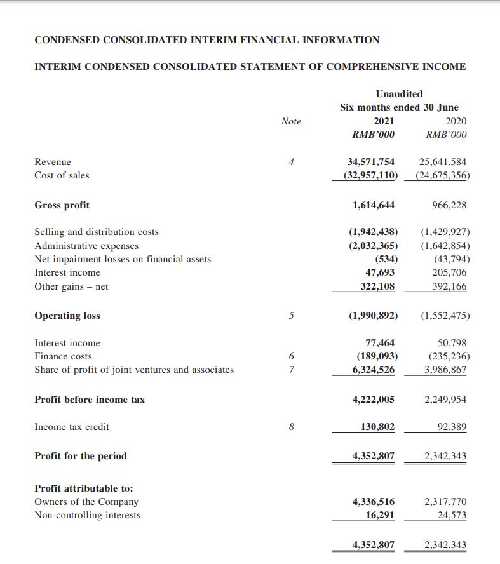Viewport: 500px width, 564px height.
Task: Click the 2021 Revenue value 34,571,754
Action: pos(370,162)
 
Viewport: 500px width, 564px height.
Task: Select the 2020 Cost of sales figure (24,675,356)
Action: pos(442,175)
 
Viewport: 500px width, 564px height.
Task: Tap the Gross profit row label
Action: pos(62,205)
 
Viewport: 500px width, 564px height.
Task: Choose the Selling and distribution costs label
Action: pos(97,232)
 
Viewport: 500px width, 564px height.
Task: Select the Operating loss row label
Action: pos(67,316)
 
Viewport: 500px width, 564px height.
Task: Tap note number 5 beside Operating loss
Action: pos(291,316)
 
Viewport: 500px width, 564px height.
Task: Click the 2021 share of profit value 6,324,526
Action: pos(373,370)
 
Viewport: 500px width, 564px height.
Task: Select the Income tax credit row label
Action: pos(72,427)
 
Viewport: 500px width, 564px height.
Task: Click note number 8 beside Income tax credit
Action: pos(291,427)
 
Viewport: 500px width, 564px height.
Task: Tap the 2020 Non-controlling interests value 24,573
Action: pos(452,515)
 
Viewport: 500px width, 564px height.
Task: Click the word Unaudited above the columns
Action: pos(399,94)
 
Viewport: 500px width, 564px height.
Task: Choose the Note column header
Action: pos(291,121)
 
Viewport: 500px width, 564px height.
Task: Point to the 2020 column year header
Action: pos(456,121)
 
